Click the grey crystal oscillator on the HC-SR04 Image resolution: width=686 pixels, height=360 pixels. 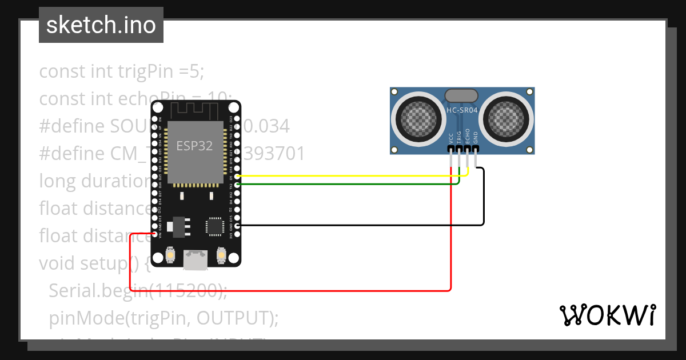[461, 95]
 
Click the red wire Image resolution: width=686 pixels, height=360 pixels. [286, 290]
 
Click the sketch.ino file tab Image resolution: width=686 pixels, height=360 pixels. [101, 25]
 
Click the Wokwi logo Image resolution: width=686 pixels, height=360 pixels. [607, 315]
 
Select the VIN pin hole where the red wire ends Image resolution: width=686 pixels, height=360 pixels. [155, 234]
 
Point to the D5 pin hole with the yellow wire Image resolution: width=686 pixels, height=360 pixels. [237, 177]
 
